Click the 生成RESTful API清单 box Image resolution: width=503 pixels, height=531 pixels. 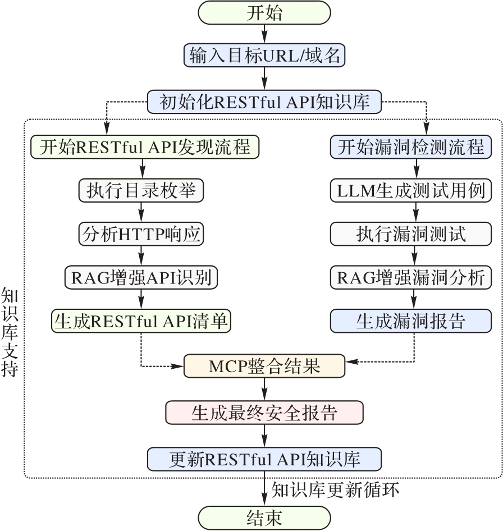click(142, 320)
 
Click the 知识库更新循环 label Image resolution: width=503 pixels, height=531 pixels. click(335, 489)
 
